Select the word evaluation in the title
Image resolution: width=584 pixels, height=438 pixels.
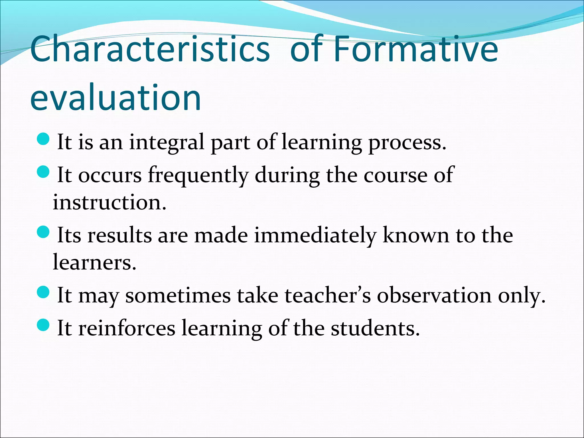[x=115, y=98]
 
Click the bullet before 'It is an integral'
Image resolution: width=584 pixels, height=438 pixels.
[x=43, y=139]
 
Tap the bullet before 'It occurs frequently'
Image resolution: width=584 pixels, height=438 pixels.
[x=43, y=172]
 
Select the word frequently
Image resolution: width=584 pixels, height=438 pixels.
[x=198, y=175]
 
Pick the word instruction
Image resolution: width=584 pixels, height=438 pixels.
[x=109, y=202]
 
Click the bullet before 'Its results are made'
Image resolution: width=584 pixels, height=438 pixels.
[x=43, y=232]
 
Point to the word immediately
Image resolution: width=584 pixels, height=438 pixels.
[x=315, y=236]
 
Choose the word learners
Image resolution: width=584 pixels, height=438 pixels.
[x=94, y=262]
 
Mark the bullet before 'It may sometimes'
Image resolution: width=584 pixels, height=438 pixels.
[x=43, y=292]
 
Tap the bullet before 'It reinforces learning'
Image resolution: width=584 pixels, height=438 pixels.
[x=43, y=325]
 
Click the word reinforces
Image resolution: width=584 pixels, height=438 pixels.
[x=127, y=328]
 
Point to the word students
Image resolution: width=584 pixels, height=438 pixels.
[x=375, y=328]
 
